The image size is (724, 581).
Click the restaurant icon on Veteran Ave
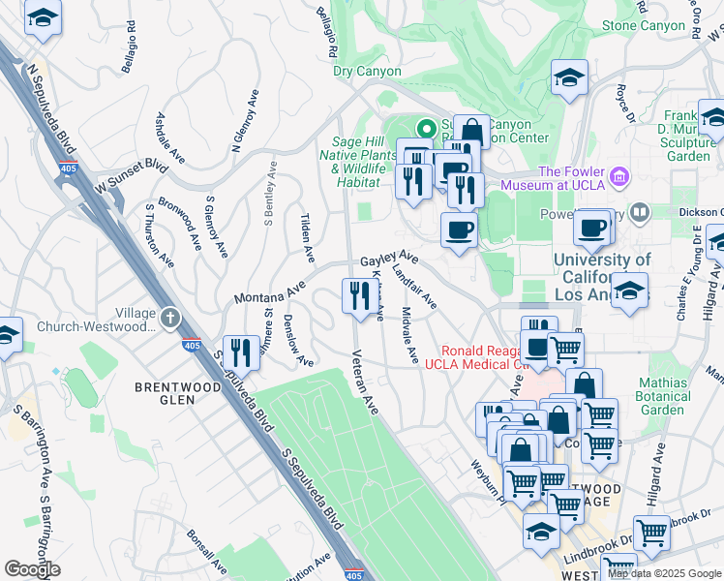358,295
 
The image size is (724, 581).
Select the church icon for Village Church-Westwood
170,317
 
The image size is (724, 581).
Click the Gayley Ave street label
389,260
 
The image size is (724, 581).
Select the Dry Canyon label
367,71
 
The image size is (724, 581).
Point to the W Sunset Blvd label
125,175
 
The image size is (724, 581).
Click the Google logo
32,569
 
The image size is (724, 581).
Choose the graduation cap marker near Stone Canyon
570,77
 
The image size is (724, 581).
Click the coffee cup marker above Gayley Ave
459,230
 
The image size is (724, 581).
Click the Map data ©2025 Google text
664,573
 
